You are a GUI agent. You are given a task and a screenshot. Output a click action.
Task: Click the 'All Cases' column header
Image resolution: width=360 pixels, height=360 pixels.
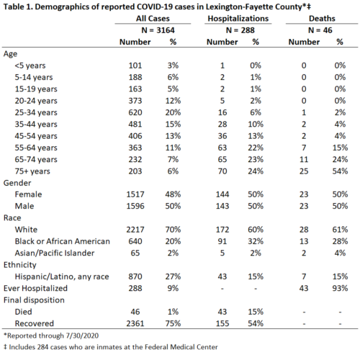click(153, 19)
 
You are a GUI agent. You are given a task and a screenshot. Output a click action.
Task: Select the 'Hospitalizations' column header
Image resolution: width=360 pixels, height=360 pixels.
click(238, 19)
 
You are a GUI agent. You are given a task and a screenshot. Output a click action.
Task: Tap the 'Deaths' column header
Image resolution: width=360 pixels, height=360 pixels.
click(322, 19)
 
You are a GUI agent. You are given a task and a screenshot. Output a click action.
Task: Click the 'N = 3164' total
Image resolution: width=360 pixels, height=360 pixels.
click(158, 30)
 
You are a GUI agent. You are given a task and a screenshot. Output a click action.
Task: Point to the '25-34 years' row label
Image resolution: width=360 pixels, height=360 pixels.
click(36, 112)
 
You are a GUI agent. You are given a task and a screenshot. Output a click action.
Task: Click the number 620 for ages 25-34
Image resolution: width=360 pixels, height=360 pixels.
click(135, 112)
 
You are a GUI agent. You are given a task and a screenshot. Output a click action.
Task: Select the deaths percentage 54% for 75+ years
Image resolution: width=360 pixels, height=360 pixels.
click(340, 171)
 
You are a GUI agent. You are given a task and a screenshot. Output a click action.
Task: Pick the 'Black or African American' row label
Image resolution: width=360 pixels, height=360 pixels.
click(63, 241)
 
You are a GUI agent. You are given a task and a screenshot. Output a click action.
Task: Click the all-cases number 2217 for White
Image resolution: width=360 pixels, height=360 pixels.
click(135, 230)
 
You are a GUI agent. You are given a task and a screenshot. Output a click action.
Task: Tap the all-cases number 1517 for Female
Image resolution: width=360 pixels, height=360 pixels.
click(135, 194)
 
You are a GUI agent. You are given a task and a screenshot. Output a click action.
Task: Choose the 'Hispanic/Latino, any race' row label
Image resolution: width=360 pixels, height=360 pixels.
click(62, 276)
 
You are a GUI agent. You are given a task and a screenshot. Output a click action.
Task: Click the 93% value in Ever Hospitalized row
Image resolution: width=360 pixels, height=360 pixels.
click(340, 288)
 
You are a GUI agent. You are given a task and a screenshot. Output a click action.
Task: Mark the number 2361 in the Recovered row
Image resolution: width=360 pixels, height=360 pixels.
click(135, 323)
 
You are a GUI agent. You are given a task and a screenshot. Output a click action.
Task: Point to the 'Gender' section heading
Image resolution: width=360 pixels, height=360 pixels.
click(17, 183)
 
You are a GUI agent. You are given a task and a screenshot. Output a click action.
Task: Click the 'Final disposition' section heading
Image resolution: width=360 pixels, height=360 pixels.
click(34, 300)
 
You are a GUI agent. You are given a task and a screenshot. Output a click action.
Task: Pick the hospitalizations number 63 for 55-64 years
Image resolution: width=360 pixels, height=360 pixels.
click(222, 148)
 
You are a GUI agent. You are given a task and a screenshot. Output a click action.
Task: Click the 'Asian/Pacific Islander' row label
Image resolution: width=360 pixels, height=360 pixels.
click(55, 253)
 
